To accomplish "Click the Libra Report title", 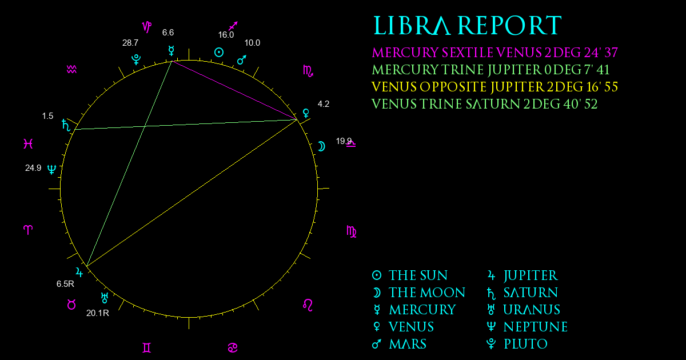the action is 468,26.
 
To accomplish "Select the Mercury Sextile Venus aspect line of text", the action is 495,53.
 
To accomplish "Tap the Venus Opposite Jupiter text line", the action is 494,87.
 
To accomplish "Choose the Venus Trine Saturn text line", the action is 485,104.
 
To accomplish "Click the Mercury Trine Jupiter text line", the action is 490,70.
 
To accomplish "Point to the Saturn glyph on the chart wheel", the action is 66,125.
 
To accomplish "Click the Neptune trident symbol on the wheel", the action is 52,169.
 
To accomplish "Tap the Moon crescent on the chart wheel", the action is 321,146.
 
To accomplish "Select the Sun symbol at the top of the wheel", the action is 218,53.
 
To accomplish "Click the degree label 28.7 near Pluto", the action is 130,43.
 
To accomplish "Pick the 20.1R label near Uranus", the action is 98,313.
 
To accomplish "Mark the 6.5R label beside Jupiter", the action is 65,284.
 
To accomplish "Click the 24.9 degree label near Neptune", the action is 33,168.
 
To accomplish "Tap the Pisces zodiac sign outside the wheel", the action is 28,143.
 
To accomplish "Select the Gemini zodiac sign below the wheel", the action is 147,348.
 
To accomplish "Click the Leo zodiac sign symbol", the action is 308,305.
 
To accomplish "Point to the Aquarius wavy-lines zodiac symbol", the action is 71,70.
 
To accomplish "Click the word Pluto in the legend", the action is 525,344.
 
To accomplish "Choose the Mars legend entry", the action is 400,344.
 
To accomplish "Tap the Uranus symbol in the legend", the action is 491,310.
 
